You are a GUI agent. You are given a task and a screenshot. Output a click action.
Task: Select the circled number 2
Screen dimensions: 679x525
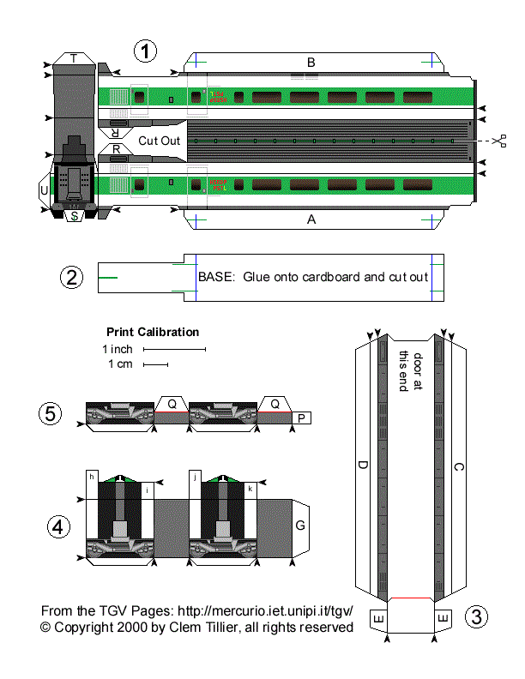(72, 277)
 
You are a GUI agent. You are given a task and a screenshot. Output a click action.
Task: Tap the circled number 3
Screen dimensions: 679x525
(477, 616)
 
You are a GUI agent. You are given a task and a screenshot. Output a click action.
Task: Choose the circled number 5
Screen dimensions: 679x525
(51, 413)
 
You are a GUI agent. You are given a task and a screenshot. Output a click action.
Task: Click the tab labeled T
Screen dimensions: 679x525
(74, 58)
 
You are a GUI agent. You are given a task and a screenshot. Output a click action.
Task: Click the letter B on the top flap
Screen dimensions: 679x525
(311, 62)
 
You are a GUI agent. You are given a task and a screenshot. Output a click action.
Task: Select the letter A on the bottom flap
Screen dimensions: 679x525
(311, 219)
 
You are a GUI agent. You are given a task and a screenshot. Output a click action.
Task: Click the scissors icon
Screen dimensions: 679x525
(499, 140)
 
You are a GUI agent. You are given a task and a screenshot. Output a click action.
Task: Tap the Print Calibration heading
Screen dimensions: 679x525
(153, 332)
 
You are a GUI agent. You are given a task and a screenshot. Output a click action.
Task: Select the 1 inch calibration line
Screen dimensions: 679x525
(175, 350)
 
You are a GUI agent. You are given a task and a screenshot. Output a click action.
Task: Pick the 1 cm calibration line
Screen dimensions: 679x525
(155, 365)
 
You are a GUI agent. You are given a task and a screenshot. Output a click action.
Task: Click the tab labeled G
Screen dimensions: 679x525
(300, 525)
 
